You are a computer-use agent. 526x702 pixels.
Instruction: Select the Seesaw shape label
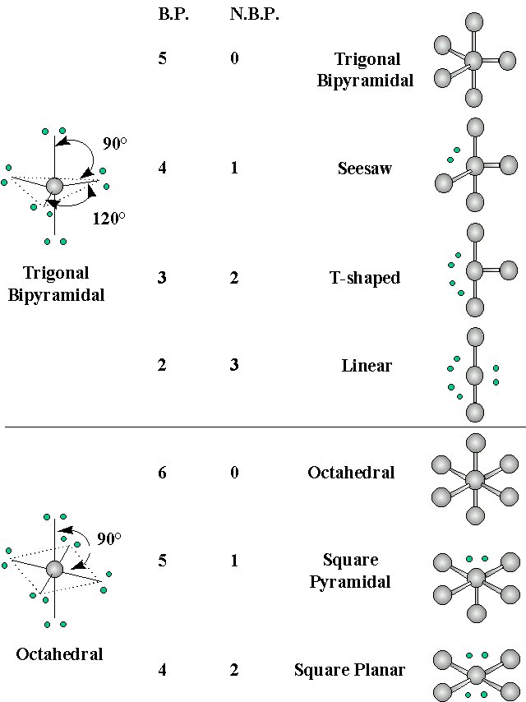[x=364, y=169]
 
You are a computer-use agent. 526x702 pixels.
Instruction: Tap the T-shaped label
[x=364, y=278]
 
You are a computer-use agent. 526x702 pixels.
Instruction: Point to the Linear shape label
[x=367, y=365]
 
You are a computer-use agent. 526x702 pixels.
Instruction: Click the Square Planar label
[x=349, y=670]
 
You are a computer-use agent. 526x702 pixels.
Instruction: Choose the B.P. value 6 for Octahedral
[x=162, y=473]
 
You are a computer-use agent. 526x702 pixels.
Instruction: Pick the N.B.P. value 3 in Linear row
[x=234, y=365]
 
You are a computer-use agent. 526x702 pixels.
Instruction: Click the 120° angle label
[x=108, y=219]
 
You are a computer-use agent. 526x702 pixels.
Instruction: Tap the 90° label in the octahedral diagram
[x=108, y=539]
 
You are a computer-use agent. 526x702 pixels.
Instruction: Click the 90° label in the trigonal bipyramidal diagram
[x=114, y=143]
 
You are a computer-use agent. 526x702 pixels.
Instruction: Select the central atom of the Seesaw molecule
[x=474, y=166]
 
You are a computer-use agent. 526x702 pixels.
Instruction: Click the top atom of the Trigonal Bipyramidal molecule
[x=473, y=22]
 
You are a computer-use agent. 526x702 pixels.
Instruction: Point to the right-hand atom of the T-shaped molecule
[x=508, y=269]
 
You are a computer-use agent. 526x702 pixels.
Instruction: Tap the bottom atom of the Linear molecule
[x=473, y=412]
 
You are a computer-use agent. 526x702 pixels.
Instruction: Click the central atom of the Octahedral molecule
[x=474, y=479]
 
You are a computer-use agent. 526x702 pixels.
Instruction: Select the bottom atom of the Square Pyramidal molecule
[x=475, y=613]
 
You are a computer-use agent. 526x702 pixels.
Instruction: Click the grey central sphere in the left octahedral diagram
[x=54, y=569]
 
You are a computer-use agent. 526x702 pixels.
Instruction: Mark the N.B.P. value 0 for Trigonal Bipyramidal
[x=234, y=59]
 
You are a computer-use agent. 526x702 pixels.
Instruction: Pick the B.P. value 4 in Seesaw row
[x=162, y=169]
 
